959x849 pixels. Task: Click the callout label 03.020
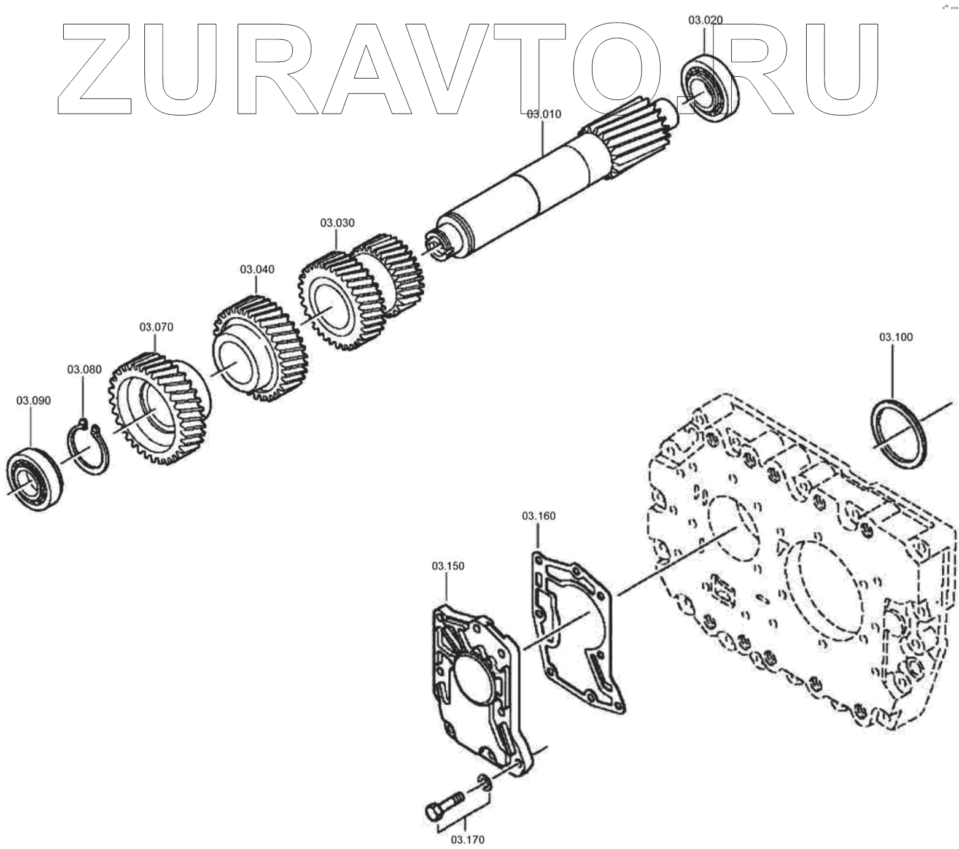click(x=705, y=20)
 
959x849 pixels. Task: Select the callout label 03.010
click(x=543, y=114)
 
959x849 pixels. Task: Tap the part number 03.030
click(x=337, y=223)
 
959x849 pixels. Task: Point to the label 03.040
click(x=257, y=269)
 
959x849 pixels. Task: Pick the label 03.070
click(x=156, y=327)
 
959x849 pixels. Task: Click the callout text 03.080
click(x=84, y=370)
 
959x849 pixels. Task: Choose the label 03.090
click(x=33, y=401)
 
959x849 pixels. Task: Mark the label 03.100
click(x=896, y=337)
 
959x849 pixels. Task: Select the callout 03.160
click(x=539, y=516)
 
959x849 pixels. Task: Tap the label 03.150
click(x=448, y=565)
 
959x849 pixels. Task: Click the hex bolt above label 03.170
click(x=444, y=804)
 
